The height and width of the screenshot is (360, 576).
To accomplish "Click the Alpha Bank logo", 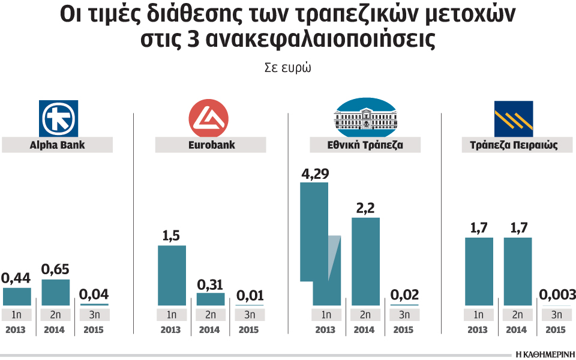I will pyautogui.click(x=58, y=118).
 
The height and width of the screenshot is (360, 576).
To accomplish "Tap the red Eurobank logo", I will pyautogui.click(x=208, y=118).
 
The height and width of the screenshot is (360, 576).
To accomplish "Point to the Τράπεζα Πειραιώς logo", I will pyautogui.click(x=513, y=118).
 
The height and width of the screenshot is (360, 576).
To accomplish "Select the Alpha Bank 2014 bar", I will pyautogui.click(x=55, y=293).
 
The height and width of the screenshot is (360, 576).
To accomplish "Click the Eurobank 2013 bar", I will pyautogui.click(x=172, y=275).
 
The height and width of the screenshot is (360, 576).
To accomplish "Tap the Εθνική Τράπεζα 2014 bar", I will pyautogui.click(x=365, y=262).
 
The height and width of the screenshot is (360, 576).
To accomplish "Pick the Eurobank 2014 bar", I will pyautogui.click(x=211, y=299).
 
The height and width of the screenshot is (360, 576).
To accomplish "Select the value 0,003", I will pyautogui.click(x=557, y=295).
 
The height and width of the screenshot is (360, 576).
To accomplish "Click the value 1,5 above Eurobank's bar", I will pyautogui.click(x=172, y=236).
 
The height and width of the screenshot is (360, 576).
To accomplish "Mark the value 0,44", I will pyautogui.click(x=16, y=278).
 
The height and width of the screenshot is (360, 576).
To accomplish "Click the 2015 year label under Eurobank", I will pyautogui.click(x=248, y=330).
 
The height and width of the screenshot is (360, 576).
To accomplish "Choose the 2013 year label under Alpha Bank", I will pyautogui.click(x=16, y=330).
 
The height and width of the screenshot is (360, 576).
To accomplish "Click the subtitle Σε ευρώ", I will pyautogui.click(x=287, y=67).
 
